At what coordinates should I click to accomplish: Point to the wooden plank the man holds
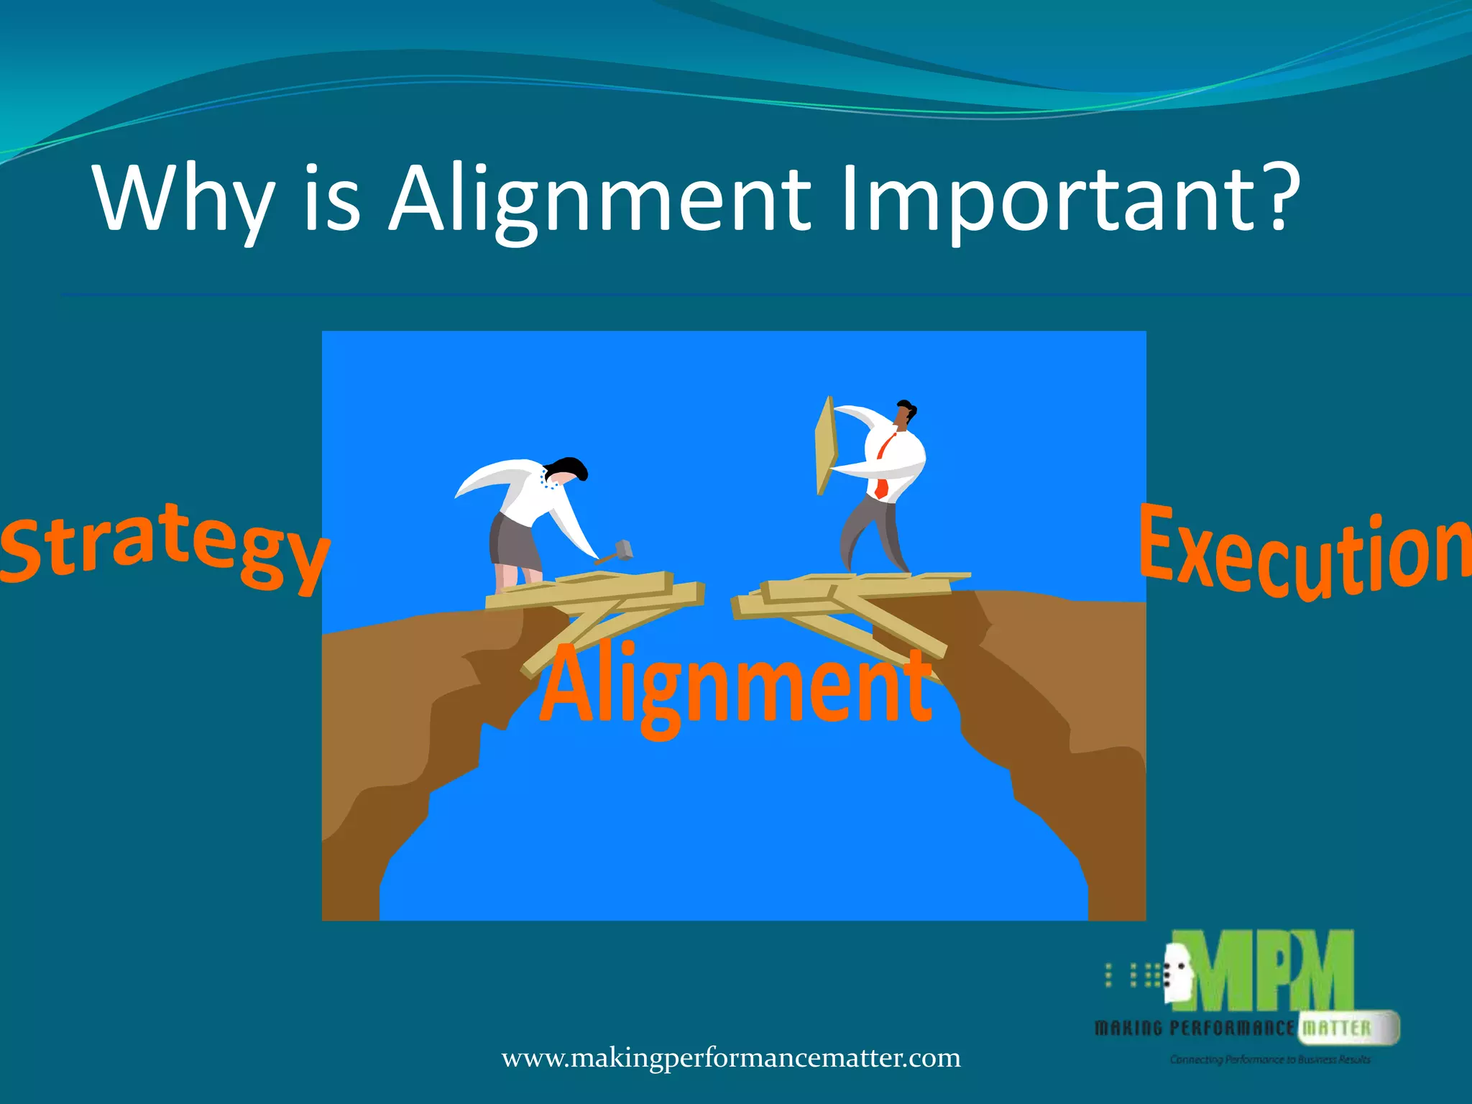(x=827, y=446)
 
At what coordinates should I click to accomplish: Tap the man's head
(x=904, y=415)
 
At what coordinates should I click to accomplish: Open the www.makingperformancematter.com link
(x=731, y=1058)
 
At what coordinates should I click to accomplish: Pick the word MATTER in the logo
(x=1337, y=1028)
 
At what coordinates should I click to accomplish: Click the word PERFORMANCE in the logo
(x=1232, y=1029)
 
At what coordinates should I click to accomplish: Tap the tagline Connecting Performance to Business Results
(x=1270, y=1059)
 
